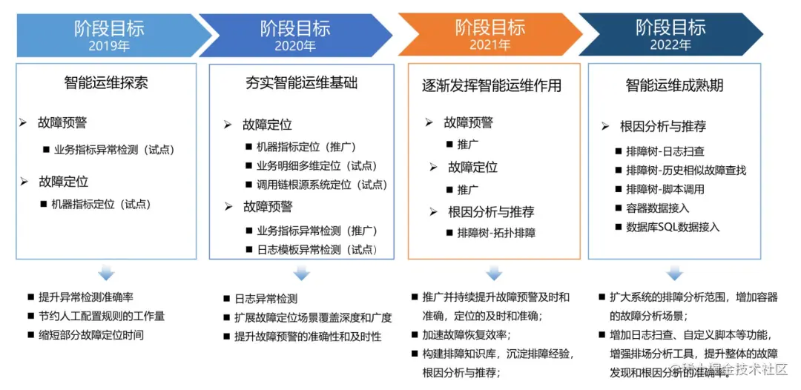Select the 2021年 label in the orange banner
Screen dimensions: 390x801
click(x=489, y=45)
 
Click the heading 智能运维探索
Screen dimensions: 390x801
click(x=106, y=82)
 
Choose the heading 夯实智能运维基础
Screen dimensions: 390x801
click(x=301, y=83)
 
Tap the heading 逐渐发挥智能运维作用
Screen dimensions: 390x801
click(x=492, y=85)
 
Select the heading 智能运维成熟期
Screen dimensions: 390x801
click(x=674, y=85)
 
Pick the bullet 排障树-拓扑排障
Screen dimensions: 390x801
click(x=496, y=233)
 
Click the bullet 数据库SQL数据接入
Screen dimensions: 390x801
click(x=673, y=227)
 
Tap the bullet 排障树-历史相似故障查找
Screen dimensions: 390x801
click(x=686, y=170)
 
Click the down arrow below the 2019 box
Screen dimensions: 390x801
click(x=107, y=274)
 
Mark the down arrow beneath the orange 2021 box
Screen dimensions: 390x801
click(x=494, y=274)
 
